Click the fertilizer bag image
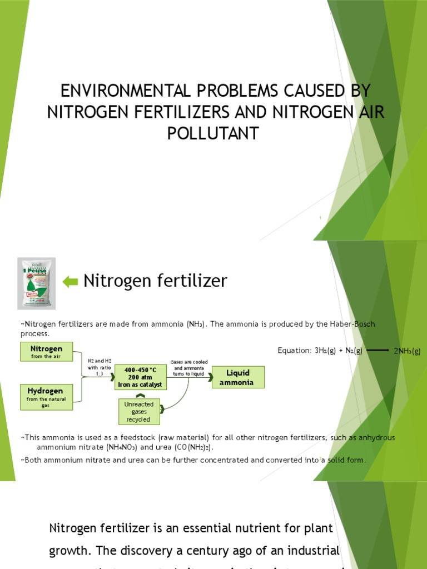(x=36, y=283)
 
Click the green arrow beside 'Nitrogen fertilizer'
(x=71, y=282)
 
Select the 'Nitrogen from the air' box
(x=46, y=352)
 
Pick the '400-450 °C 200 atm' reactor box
(x=140, y=377)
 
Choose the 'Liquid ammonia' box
(x=237, y=377)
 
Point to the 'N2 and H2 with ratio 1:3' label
(x=100, y=367)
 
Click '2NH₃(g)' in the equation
(x=407, y=351)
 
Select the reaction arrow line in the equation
(x=378, y=351)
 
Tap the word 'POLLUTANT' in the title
(x=214, y=133)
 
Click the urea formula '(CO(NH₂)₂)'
(x=190, y=447)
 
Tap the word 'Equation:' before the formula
(x=295, y=351)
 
